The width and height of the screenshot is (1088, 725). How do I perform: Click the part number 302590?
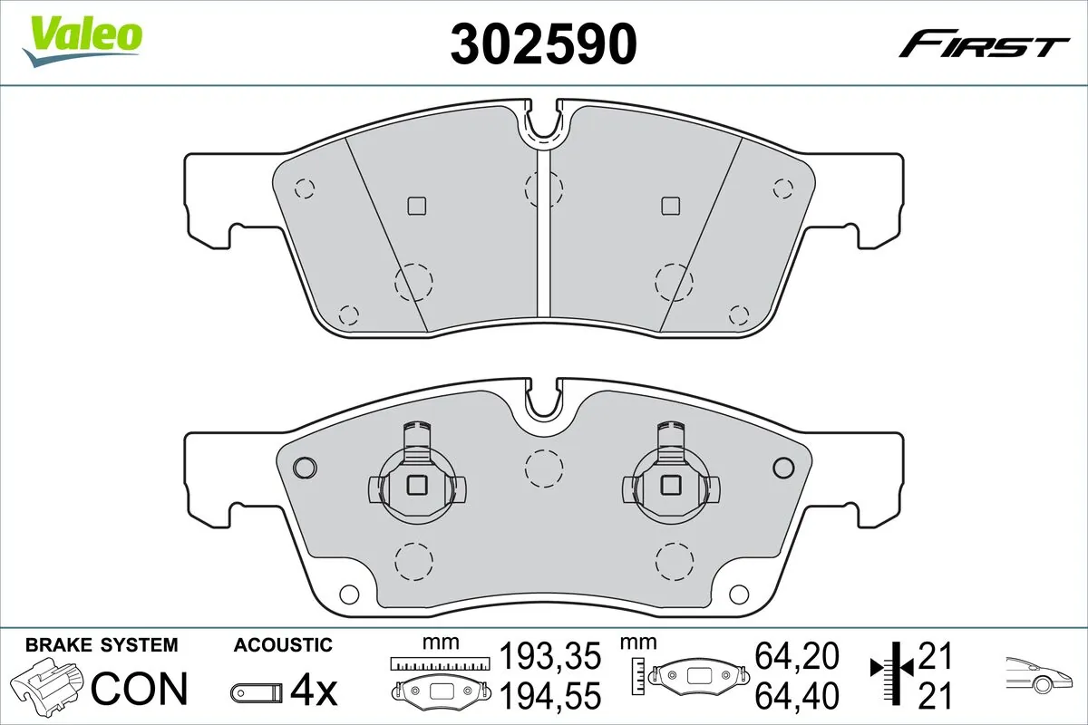coord(543,43)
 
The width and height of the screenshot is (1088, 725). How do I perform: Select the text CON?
coord(140,689)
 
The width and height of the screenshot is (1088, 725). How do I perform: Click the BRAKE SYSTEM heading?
coord(102,645)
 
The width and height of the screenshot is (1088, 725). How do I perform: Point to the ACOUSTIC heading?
coord(283,645)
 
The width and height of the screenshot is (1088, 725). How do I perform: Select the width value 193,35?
coord(551,654)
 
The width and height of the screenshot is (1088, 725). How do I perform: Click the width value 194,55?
coord(551,696)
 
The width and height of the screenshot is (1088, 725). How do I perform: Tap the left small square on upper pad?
coord(416,206)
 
